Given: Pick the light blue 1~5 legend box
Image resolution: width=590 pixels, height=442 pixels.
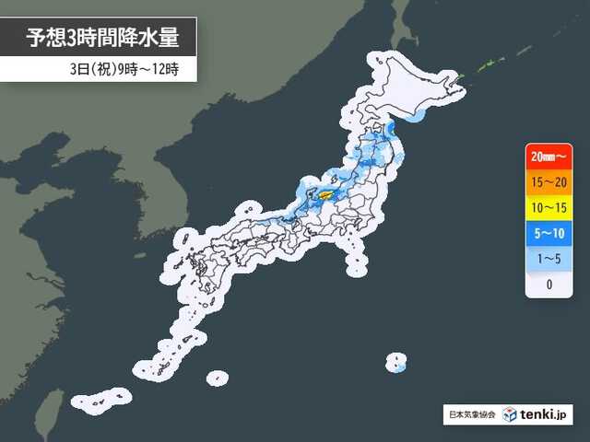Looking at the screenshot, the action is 549,258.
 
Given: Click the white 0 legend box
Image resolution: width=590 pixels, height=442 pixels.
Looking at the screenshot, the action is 549,284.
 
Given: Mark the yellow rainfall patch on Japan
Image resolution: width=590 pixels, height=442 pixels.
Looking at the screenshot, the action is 326,193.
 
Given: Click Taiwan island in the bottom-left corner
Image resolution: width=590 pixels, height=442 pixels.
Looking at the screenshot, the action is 53,405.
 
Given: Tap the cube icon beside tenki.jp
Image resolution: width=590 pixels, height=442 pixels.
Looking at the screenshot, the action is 511,413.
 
